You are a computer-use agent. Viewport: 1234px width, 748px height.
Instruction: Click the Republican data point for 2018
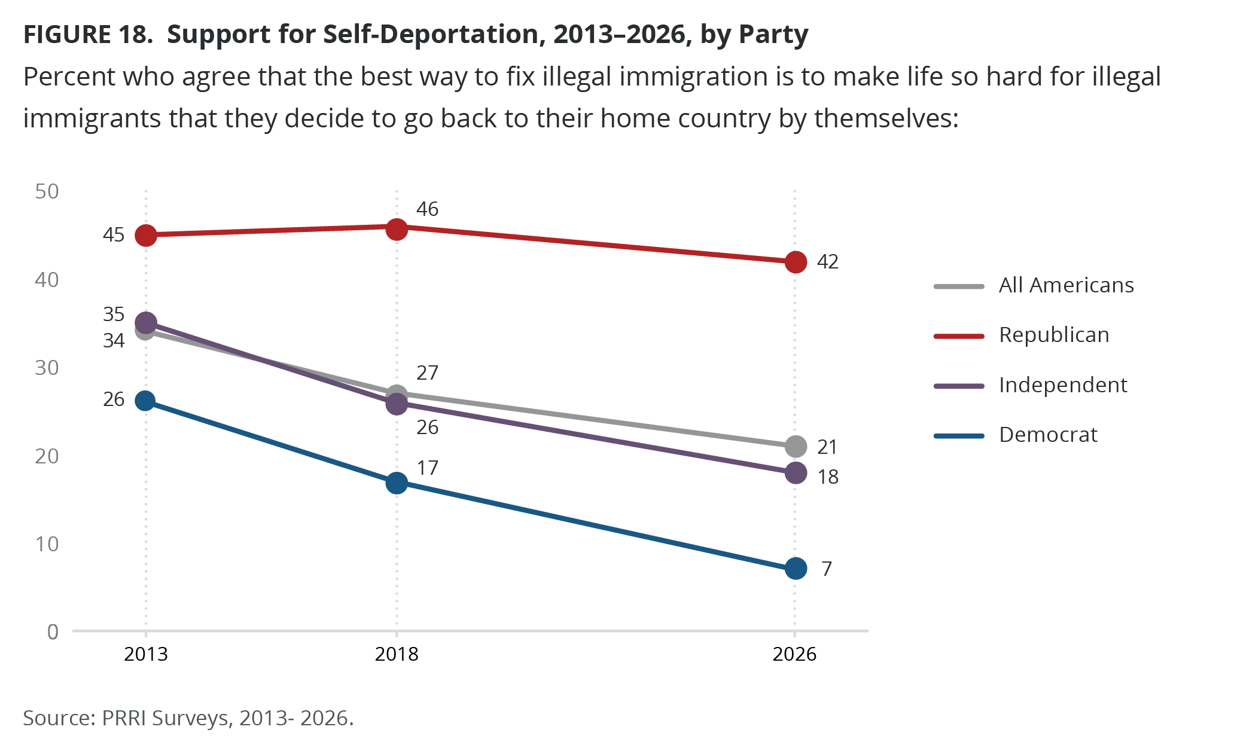(x=397, y=229)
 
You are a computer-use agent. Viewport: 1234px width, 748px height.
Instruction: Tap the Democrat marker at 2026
(x=796, y=568)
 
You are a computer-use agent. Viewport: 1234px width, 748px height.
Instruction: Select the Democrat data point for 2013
(x=145, y=401)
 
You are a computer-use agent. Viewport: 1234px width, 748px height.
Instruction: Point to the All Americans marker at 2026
(x=796, y=446)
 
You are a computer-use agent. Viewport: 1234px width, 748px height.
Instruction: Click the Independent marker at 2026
(x=796, y=473)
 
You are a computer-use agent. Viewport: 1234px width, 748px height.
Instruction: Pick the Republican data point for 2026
(x=796, y=262)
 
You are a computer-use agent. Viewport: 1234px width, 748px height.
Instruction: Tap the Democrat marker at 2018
(x=397, y=483)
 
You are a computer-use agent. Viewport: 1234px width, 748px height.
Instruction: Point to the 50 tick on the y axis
(x=47, y=191)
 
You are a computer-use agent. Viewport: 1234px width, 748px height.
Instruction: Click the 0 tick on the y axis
(x=53, y=631)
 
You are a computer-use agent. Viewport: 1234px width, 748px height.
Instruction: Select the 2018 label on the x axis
(x=397, y=654)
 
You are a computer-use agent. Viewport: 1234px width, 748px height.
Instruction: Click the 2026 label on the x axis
(x=794, y=654)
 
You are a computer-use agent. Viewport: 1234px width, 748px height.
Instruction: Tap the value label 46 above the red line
(x=427, y=209)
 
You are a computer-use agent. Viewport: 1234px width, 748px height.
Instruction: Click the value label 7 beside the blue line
(x=827, y=569)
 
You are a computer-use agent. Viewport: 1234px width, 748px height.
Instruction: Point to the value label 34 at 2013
(x=114, y=341)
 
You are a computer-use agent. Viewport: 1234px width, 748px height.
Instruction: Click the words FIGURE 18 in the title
(x=87, y=35)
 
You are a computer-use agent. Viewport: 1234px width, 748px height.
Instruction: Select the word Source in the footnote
(x=57, y=718)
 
